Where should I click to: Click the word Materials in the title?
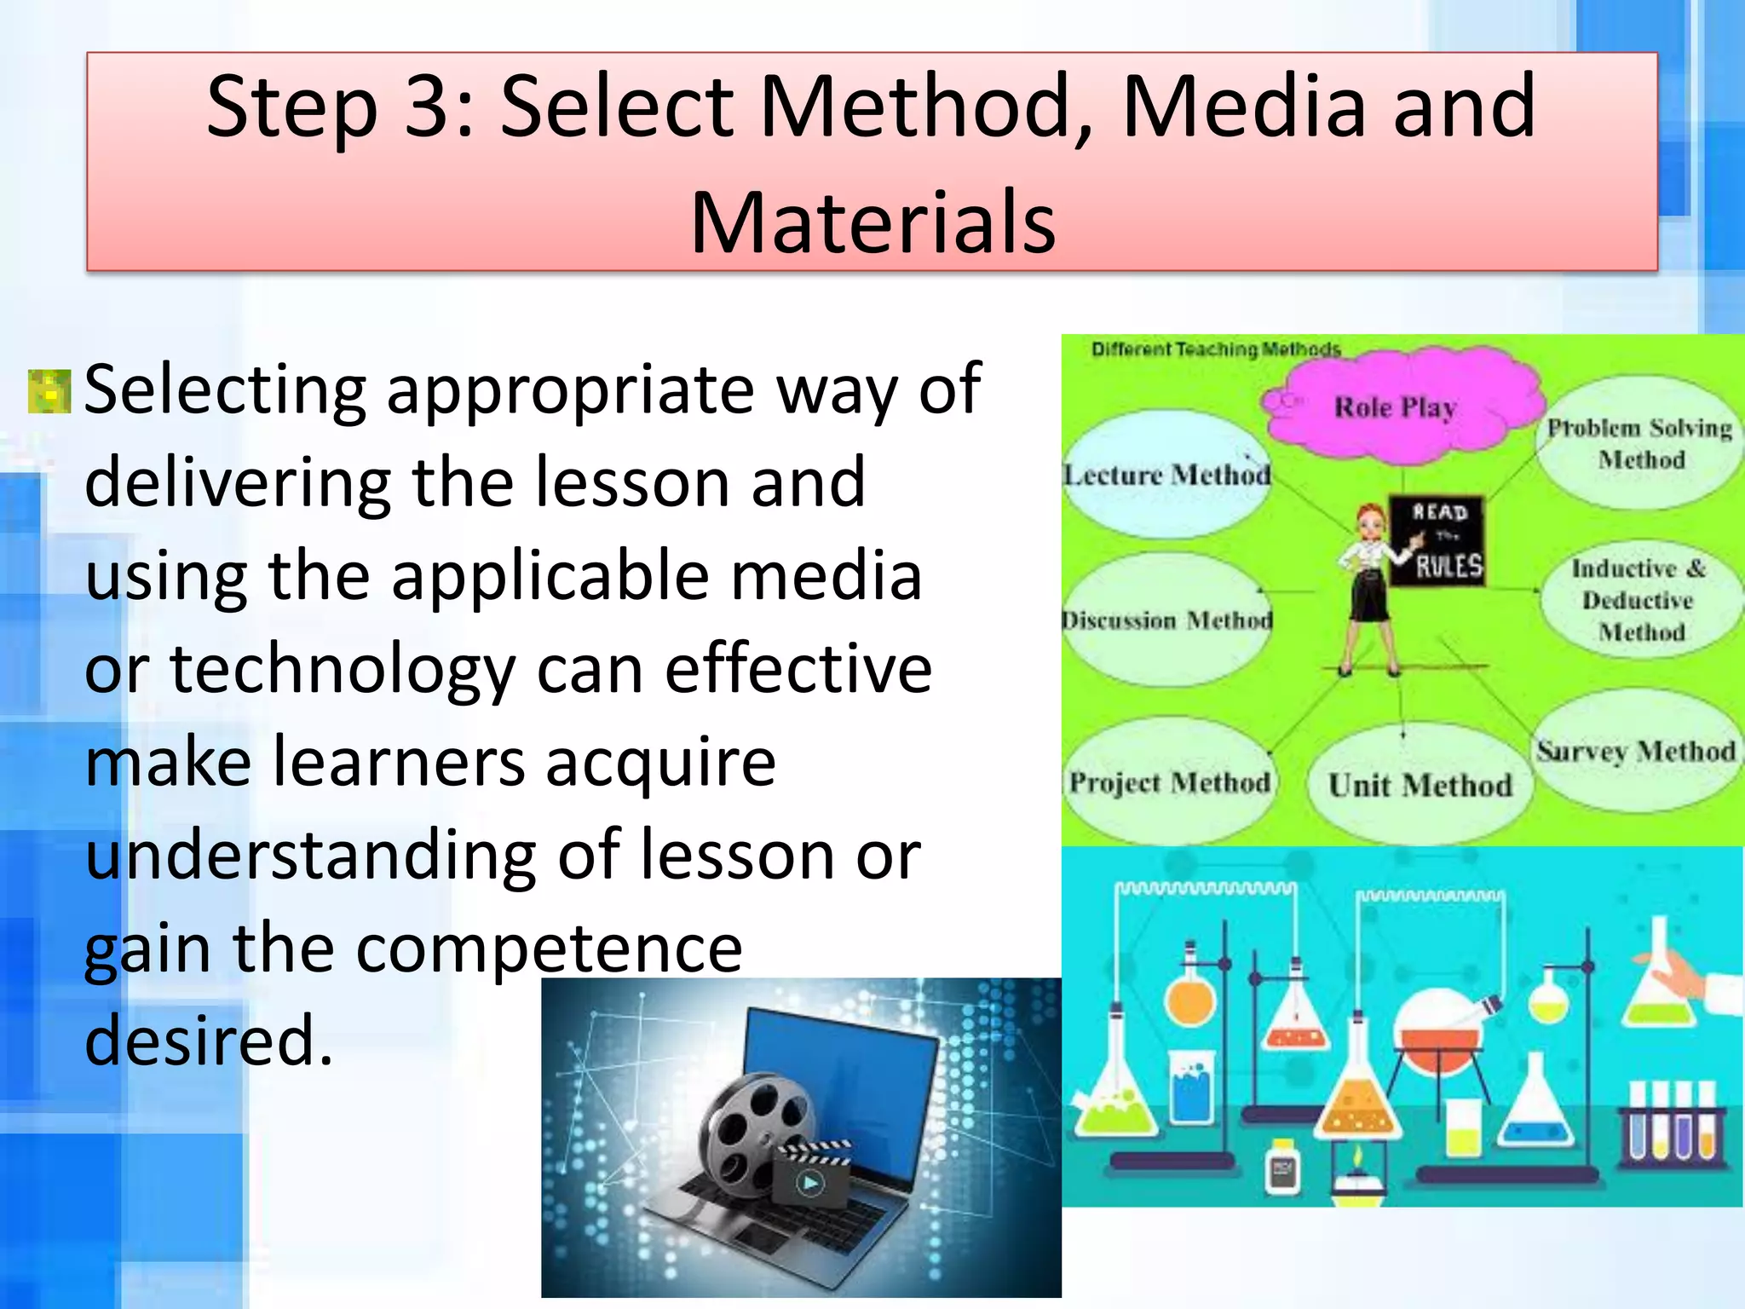872,223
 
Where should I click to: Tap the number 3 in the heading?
431,107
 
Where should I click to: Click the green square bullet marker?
49,391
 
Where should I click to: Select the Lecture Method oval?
1167,474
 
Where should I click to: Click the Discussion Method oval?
1167,620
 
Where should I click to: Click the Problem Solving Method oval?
1639,443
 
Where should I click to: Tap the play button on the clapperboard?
809,1182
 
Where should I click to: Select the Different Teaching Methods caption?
1216,349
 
